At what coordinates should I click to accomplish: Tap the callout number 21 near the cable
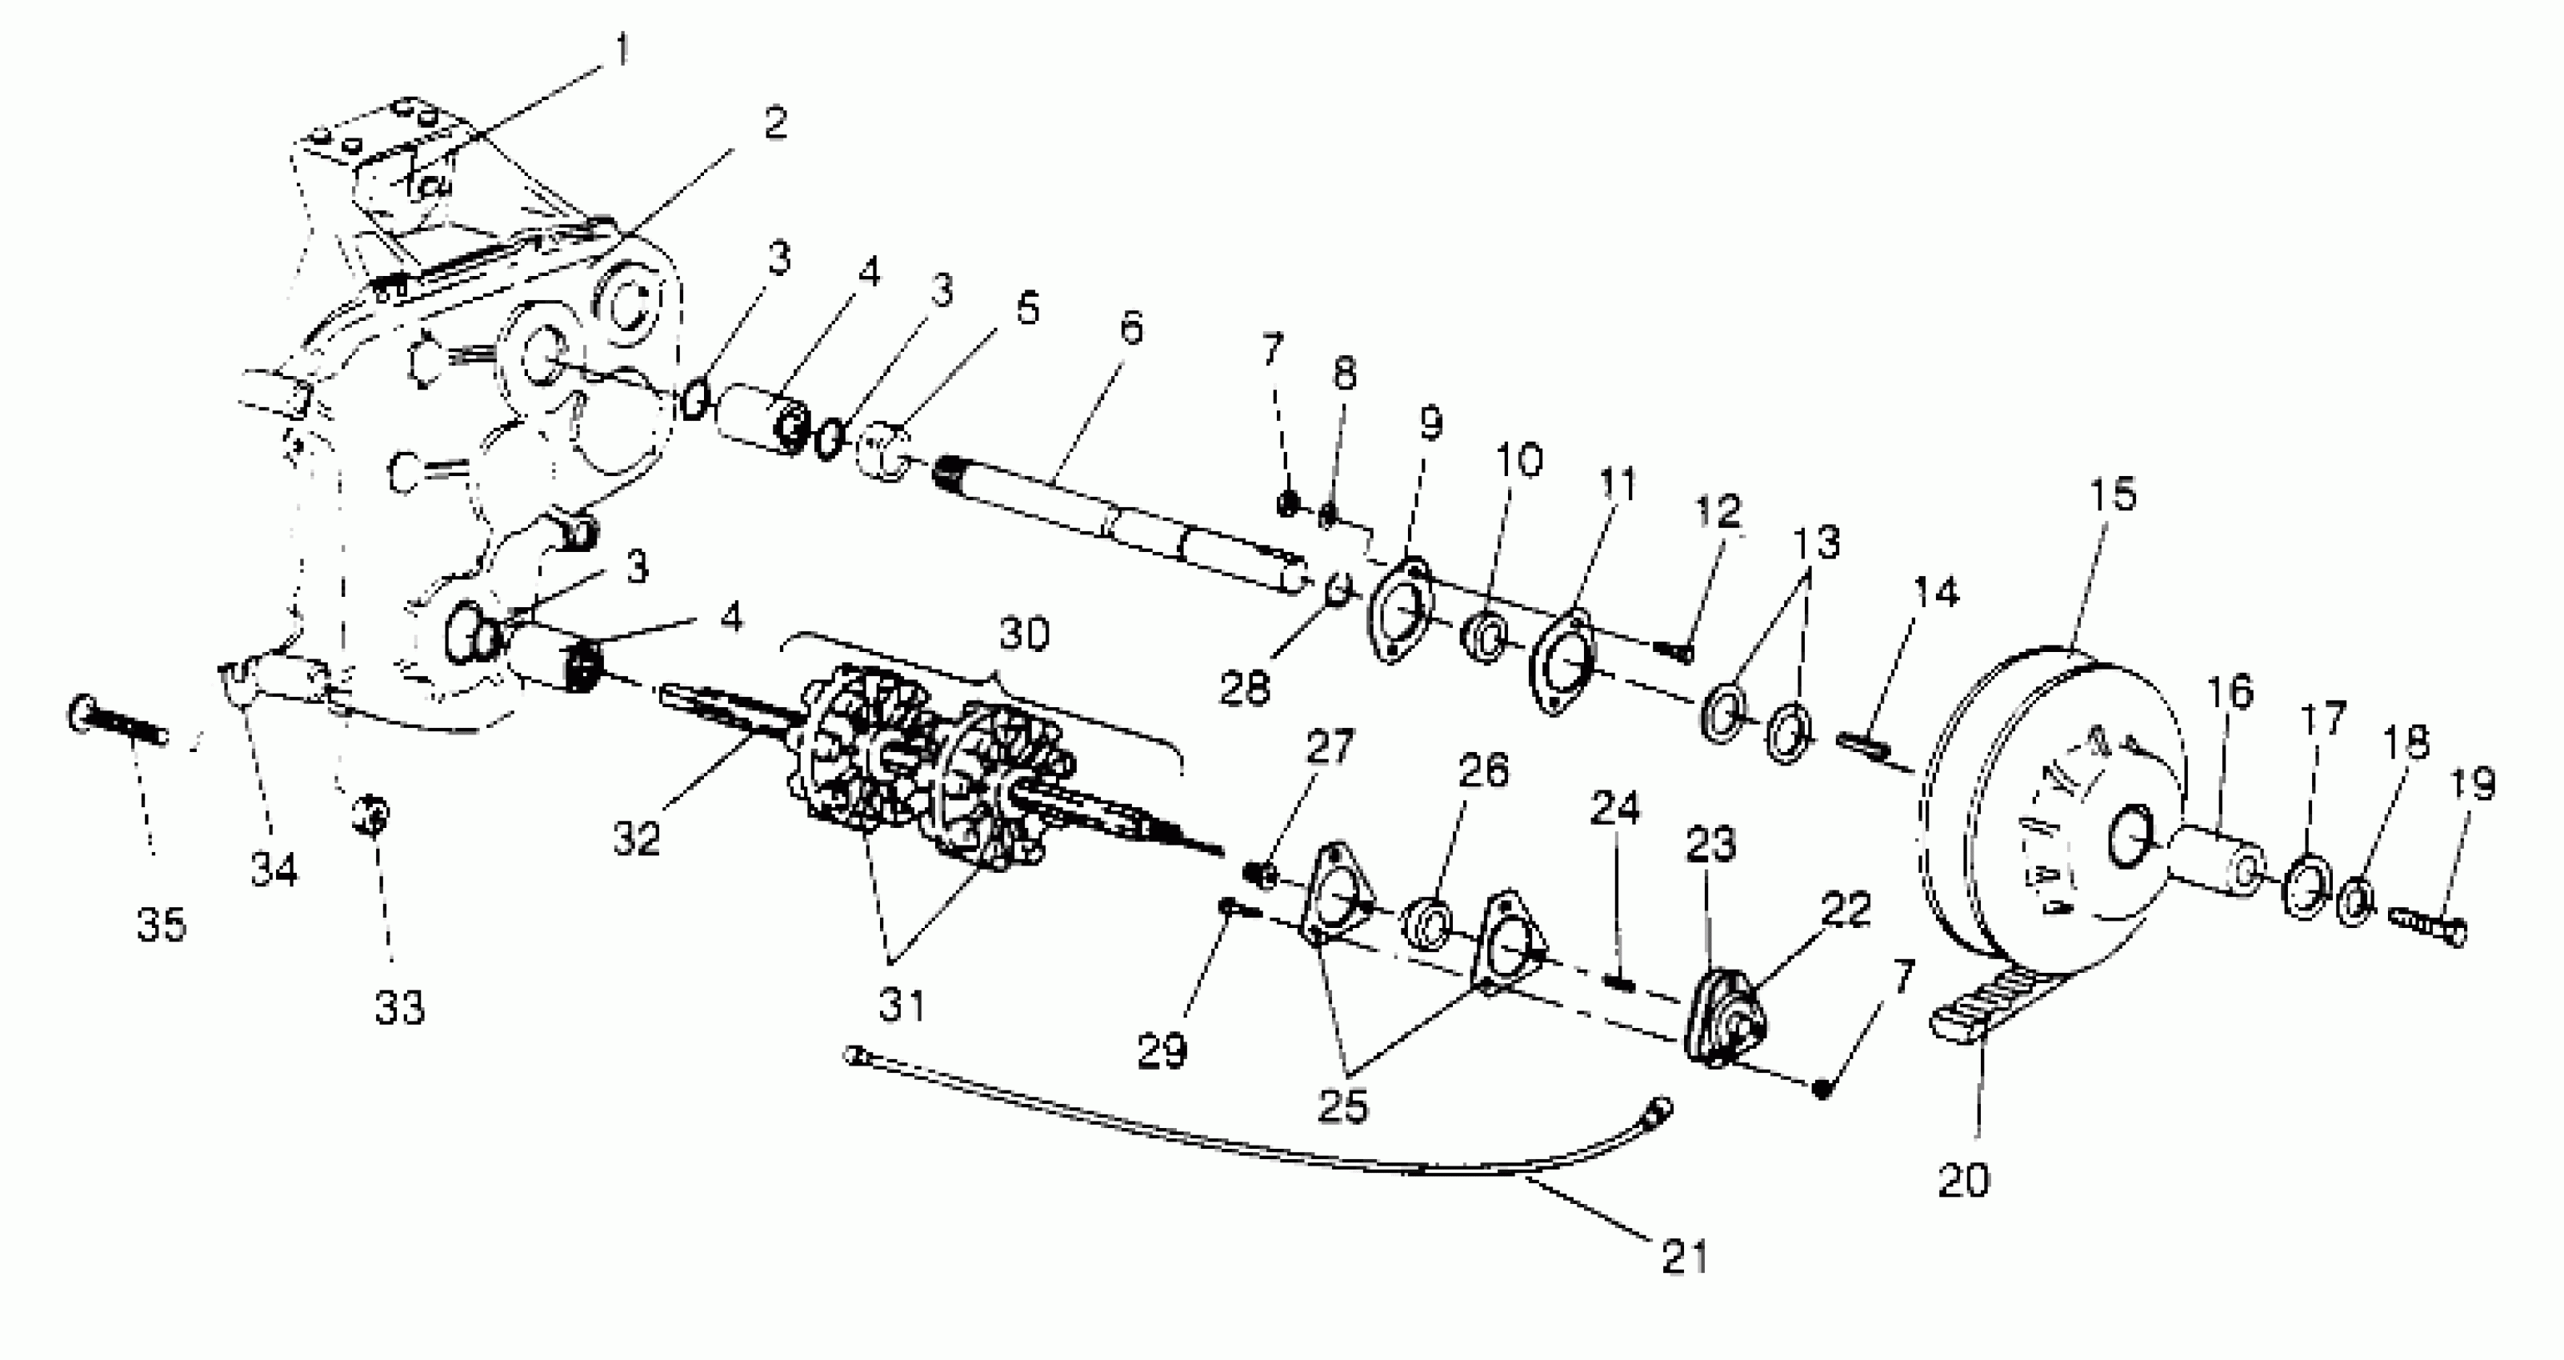(x=1684, y=1257)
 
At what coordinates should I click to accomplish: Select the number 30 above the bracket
(x=1023, y=634)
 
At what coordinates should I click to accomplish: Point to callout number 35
(x=162, y=925)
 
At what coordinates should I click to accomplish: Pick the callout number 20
(x=1963, y=1180)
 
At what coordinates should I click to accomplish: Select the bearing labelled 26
(x=1428, y=921)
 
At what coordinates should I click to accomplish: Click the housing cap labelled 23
(x=1722, y=1021)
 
